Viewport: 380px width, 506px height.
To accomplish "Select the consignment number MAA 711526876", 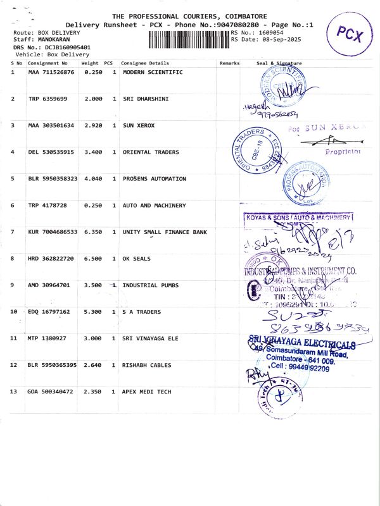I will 51,72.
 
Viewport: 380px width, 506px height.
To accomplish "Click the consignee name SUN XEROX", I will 139,125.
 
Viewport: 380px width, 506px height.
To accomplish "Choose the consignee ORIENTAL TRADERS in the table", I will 151,152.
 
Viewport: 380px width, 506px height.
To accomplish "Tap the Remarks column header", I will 229,63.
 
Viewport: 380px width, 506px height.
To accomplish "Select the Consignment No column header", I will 47,63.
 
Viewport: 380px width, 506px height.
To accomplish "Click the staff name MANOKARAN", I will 55,39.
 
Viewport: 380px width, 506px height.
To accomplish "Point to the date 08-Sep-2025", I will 281,39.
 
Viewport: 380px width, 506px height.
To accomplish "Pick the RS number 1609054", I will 270,32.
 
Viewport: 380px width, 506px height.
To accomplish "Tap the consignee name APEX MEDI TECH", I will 147,392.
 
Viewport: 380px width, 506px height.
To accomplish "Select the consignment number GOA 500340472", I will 51,392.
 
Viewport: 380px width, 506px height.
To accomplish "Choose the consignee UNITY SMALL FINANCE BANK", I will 165,232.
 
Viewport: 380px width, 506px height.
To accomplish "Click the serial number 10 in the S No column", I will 14,312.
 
